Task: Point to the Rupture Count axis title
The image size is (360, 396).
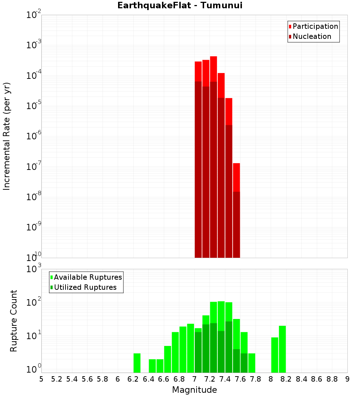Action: (x=14, y=321)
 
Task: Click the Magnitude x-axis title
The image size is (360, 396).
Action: (x=194, y=390)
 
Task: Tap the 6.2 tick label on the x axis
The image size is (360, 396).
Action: (x=133, y=379)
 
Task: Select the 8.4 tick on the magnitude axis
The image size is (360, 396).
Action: (x=302, y=379)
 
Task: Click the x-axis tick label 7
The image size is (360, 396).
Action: (x=194, y=379)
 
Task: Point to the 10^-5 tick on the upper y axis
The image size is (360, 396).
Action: (x=34, y=106)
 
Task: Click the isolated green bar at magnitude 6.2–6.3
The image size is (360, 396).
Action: (x=137, y=363)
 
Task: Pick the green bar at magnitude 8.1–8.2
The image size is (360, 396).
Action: (x=282, y=349)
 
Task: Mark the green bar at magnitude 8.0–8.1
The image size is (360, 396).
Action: (x=275, y=355)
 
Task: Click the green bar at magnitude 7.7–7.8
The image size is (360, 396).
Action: (x=252, y=363)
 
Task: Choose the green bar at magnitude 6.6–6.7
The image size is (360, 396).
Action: (x=167, y=359)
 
